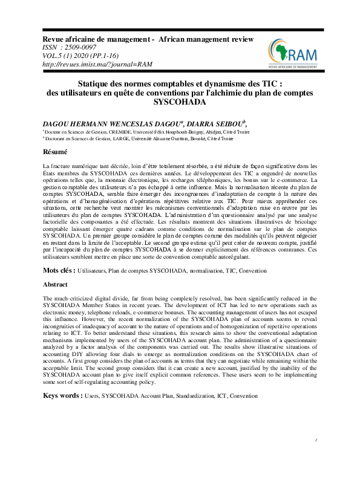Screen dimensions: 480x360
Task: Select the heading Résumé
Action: (x=54, y=152)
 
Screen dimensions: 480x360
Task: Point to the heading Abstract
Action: (x=55, y=284)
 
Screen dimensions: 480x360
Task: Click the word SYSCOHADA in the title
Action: (x=180, y=102)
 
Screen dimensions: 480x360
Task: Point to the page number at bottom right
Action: (x=316, y=458)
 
